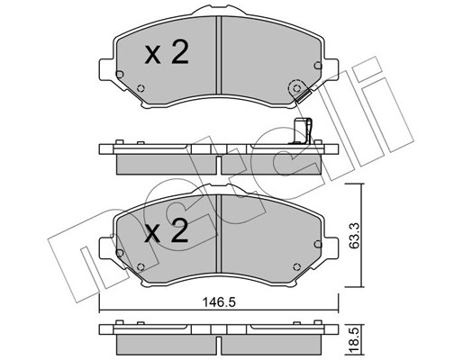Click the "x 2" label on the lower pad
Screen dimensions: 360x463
167,234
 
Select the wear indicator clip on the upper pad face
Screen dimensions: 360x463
295,90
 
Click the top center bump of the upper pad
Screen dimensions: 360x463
219,17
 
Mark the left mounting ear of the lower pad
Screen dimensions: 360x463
103,247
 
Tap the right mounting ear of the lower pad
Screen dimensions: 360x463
336,247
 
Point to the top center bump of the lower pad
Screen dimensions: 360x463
219,195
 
